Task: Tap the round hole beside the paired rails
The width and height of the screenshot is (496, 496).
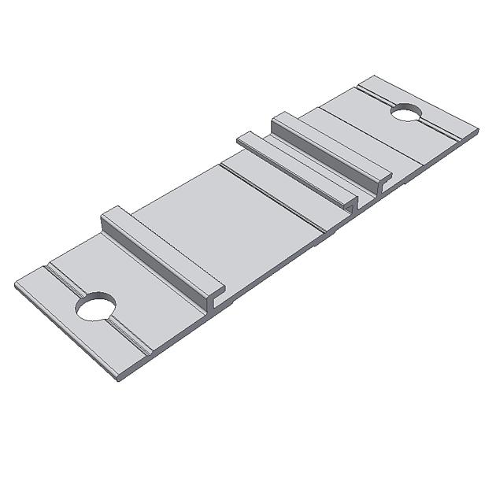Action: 406,113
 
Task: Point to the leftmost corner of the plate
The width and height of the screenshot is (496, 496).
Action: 15,285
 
